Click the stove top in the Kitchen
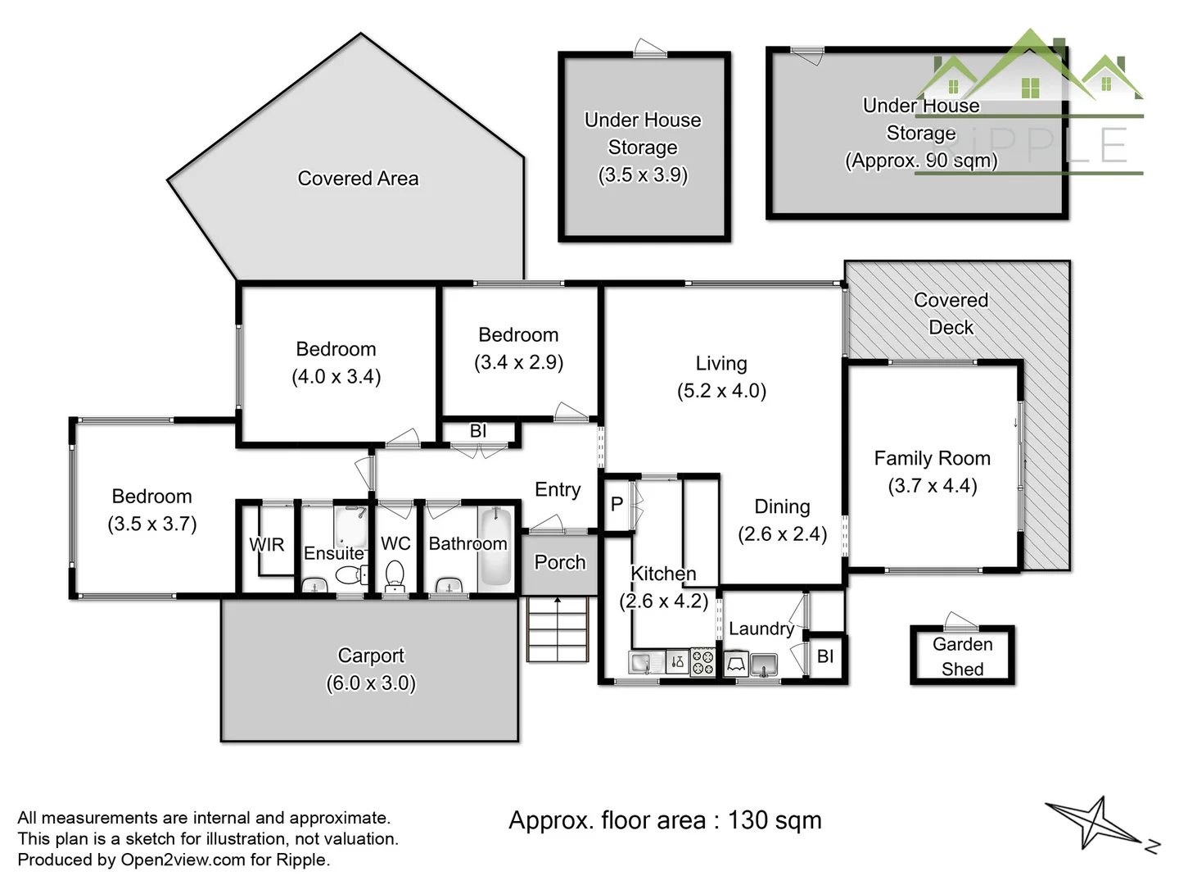(702, 662)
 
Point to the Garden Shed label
(962, 656)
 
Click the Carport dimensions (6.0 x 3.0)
(371, 683)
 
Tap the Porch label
(560, 562)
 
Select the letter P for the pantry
(617, 503)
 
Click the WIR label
(266, 544)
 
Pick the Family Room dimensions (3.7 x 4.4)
(932, 486)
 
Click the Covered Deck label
(951, 313)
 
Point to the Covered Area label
(358, 179)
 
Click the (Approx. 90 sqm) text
(921, 160)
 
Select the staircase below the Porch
(558, 629)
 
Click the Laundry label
(761, 629)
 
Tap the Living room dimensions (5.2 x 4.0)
(721, 391)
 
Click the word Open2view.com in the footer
(183, 860)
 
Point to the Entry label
(558, 489)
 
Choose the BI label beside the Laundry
(825, 656)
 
